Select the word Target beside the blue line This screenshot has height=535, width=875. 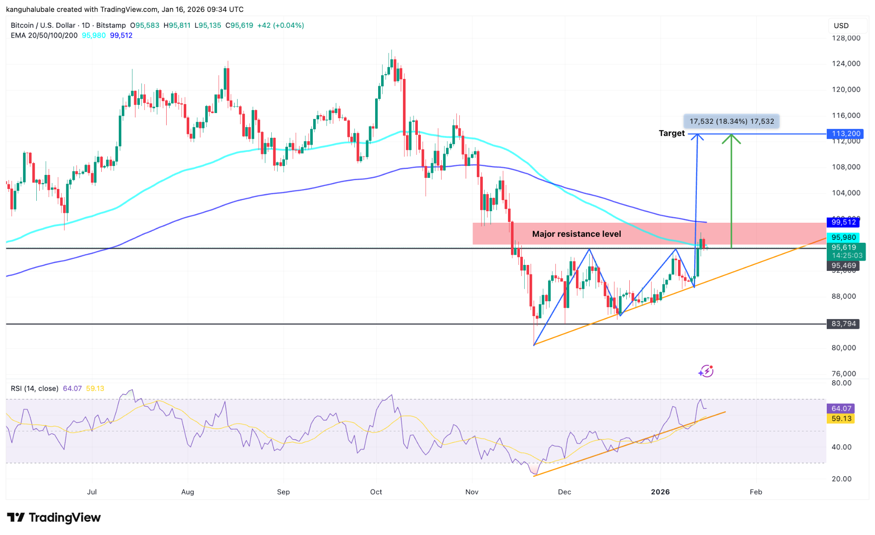pyautogui.click(x=671, y=133)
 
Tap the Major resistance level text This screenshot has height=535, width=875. pyautogui.click(x=576, y=234)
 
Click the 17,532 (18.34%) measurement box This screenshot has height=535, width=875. pyautogui.click(x=731, y=121)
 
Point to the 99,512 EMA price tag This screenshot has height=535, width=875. pyautogui.click(x=843, y=222)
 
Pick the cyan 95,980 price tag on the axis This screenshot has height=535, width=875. pyautogui.click(x=843, y=237)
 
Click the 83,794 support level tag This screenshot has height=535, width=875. pyautogui.click(x=843, y=324)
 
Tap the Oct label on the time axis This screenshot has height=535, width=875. pyautogui.click(x=376, y=492)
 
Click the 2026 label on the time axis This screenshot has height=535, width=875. pyautogui.click(x=660, y=492)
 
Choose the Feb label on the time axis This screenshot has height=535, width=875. pyautogui.click(x=756, y=492)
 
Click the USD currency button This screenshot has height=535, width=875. pyautogui.click(x=841, y=26)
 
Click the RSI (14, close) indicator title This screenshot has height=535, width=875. pyautogui.click(x=35, y=388)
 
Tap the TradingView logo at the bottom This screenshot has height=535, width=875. pyautogui.click(x=54, y=518)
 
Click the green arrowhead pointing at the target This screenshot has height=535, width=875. pyautogui.click(x=731, y=138)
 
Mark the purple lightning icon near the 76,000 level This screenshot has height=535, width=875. pyautogui.click(x=706, y=371)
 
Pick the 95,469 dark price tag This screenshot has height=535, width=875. pyautogui.click(x=843, y=265)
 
